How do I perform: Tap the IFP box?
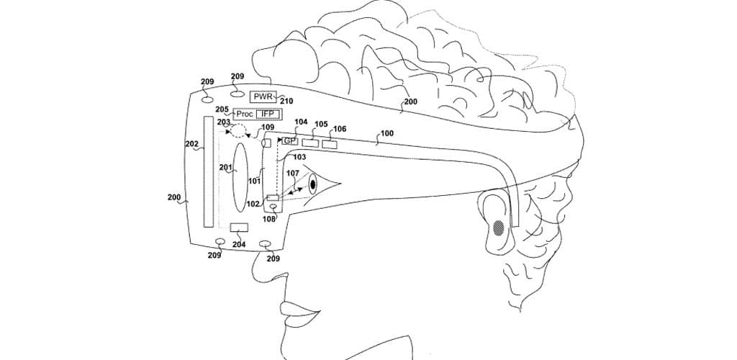click(267, 114)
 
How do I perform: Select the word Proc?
click(244, 114)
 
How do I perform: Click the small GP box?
click(289, 140)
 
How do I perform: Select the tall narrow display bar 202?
click(209, 170)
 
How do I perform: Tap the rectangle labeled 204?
click(238, 228)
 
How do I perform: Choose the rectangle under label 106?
click(330, 145)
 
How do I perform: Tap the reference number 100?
click(386, 134)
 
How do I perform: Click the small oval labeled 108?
click(273, 208)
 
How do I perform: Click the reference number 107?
click(292, 173)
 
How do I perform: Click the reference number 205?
click(222, 110)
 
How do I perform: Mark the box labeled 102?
click(273, 198)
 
